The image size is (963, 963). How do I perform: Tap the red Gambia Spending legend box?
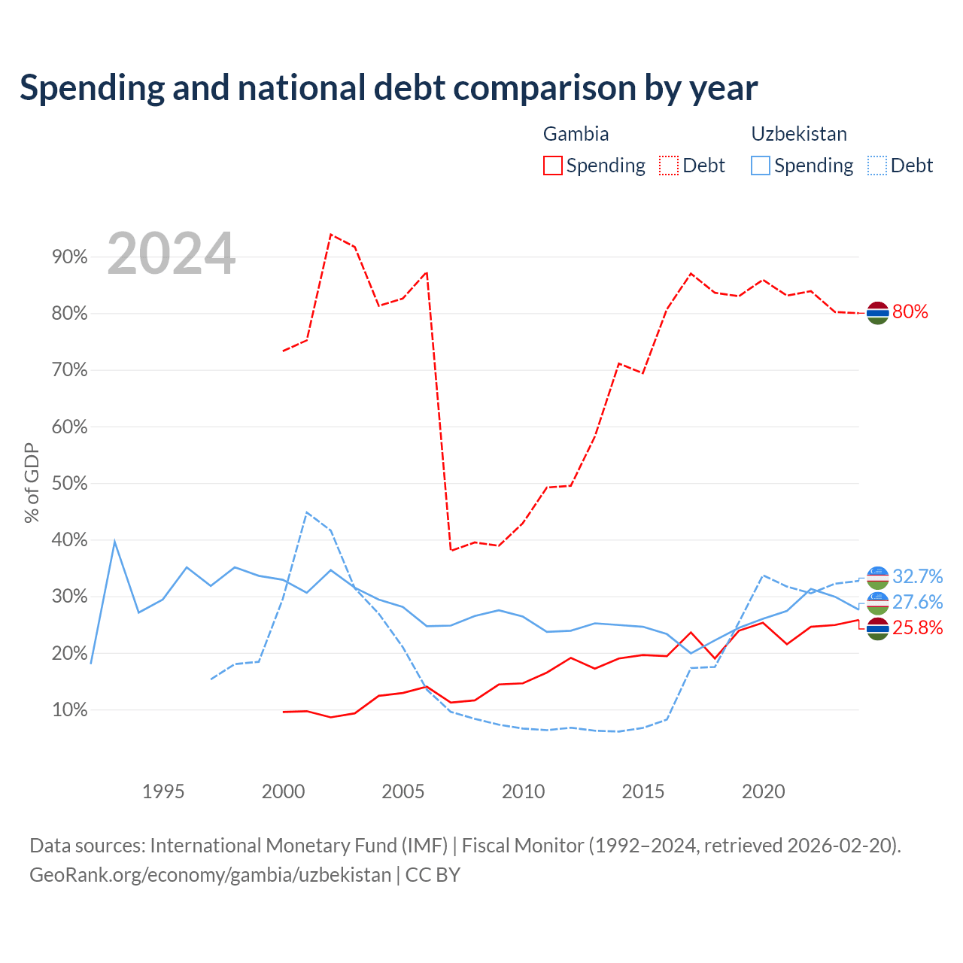552,166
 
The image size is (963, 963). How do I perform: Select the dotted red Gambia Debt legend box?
668,166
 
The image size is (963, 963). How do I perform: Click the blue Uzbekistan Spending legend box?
760,166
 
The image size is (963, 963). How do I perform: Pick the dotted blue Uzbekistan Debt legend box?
876,166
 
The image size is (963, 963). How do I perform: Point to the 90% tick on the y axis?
69,257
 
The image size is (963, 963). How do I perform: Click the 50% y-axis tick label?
69,483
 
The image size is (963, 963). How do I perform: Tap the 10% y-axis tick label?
69,709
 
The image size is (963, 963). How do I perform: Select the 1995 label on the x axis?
163,791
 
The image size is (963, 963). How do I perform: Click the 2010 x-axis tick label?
523,791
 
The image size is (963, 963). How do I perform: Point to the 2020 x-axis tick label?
763,791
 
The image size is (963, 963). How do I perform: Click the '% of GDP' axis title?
32,483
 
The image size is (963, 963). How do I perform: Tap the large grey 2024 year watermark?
171,254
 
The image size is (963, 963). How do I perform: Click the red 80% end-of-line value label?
910,311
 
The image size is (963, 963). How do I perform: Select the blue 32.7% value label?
918,576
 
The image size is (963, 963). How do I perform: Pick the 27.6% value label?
918,602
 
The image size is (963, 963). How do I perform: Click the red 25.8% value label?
918,627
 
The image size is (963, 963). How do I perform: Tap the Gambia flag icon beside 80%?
877,313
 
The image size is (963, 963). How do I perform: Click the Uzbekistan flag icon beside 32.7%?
877,578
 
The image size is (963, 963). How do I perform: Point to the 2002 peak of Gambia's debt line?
331,234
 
